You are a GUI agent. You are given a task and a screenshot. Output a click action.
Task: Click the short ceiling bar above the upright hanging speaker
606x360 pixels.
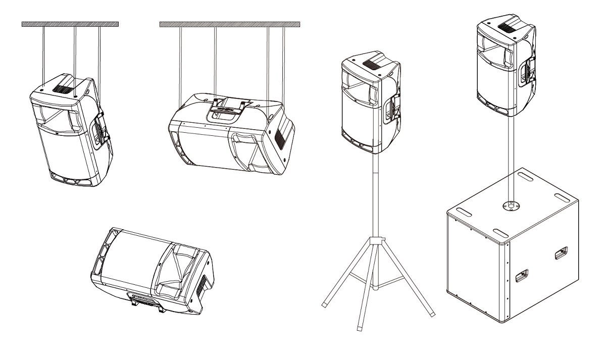click(70, 24)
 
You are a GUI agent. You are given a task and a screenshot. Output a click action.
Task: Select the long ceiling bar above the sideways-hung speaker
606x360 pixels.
click(230, 24)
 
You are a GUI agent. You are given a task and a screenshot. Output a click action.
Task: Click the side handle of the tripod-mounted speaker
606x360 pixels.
click(391, 109)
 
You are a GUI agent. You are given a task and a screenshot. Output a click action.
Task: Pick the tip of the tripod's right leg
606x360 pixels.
click(433, 315)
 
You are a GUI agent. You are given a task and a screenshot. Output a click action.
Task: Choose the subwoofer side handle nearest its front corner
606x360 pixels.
click(520, 275)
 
